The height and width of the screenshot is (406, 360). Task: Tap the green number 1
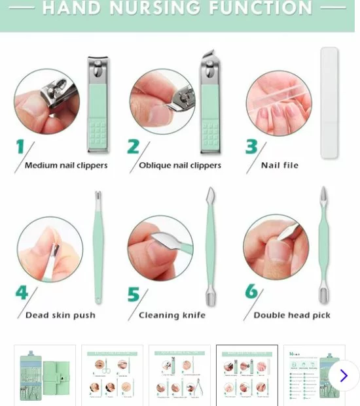20,147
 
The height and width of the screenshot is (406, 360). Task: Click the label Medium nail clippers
66,165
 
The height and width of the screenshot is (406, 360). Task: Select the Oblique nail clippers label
180,165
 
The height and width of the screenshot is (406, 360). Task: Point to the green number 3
251,147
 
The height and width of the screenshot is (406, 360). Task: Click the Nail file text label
279,165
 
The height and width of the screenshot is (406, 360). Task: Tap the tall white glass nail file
329,103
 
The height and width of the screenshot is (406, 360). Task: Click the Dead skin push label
60,315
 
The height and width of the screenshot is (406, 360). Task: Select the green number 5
134,295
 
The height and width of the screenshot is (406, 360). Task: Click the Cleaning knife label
172,315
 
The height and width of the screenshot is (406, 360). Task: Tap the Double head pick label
292,315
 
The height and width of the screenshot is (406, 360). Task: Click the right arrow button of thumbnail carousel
343,375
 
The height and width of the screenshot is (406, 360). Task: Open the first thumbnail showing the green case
45,375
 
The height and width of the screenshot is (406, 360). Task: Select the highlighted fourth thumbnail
247,375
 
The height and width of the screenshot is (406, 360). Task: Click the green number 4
22,292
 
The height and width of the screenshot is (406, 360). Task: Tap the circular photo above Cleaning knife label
160,248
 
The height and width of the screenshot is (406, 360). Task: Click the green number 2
134,147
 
